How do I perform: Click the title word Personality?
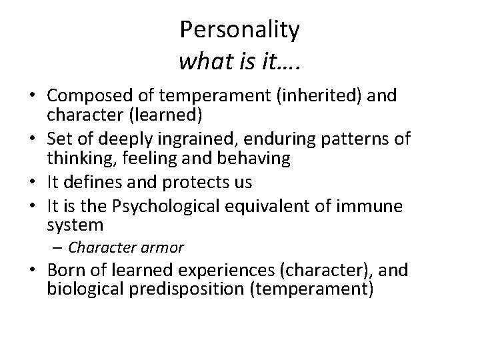[x=239, y=30]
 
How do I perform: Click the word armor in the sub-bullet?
[x=164, y=247]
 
